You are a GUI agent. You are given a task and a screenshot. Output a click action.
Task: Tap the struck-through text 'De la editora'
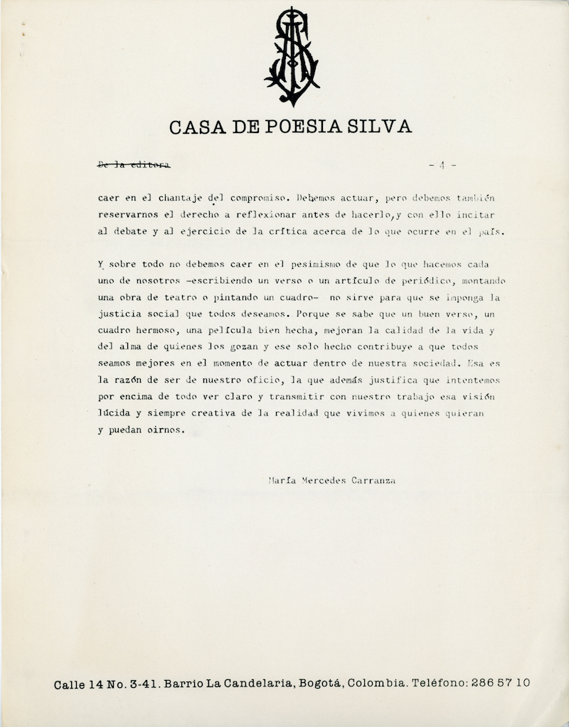(134, 166)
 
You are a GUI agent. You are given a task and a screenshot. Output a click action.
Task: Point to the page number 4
(442, 166)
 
